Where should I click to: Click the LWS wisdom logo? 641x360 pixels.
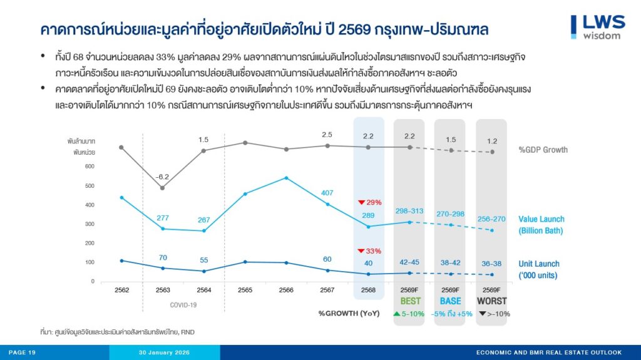point(598,26)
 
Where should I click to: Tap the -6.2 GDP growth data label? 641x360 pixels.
point(163,177)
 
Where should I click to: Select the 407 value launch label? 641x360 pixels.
point(327,192)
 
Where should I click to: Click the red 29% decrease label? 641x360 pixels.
point(369,202)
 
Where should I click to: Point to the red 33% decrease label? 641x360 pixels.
point(369,250)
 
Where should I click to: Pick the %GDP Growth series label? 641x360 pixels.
point(543,150)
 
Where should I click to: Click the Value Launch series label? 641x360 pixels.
point(541,225)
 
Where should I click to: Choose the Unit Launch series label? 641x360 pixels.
point(539,269)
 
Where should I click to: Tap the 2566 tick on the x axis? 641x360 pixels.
point(286,290)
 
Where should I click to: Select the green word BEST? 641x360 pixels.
point(410,301)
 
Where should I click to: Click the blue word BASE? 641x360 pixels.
point(450,301)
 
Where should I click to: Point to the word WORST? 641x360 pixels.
point(491,301)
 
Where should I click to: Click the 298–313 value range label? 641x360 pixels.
point(410,210)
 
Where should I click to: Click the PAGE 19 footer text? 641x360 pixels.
point(23,352)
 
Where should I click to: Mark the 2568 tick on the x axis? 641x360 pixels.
point(368,290)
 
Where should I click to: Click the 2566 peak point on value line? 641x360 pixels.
point(286,178)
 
